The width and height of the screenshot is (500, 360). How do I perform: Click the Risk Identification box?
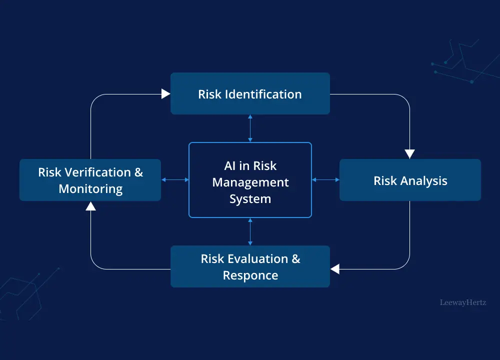250,93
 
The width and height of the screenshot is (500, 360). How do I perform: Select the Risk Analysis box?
410,180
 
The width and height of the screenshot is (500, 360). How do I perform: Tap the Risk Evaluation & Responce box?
250,266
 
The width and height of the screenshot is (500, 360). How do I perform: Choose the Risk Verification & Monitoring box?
90,180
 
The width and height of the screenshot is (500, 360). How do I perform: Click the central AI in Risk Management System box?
250,180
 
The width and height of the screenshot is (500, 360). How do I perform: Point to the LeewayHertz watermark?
462,302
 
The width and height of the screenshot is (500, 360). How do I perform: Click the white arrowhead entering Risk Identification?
166,94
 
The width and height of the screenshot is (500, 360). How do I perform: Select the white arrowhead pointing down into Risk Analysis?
410,154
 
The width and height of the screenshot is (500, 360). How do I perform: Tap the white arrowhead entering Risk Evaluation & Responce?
335,269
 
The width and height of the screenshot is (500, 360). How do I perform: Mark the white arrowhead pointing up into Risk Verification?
90,205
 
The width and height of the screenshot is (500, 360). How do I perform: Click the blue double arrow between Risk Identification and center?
250,128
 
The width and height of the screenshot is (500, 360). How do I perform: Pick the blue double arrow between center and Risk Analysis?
325,179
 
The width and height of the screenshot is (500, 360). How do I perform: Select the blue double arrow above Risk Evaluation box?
250,231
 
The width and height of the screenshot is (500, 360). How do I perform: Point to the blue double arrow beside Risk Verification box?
175,179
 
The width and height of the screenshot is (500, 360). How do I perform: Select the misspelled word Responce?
250,275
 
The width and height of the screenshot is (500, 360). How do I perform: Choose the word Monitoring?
90,189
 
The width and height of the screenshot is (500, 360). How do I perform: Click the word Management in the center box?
250,182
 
